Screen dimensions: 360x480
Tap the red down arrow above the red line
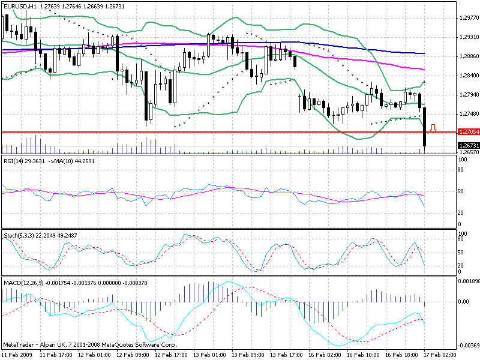pyautogui.click(x=434, y=127)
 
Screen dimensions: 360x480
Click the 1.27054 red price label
pyautogui.click(x=467, y=132)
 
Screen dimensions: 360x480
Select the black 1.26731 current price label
pyautogui.click(x=467, y=146)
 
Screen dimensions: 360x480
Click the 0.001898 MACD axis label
pyautogui.click(x=467, y=280)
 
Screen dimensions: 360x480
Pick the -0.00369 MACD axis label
pyautogui.click(x=467, y=346)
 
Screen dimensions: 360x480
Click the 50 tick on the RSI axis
pyautogui.click(x=461, y=191)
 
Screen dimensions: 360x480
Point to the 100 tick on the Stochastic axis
pyautogui.click(x=463, y=233)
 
